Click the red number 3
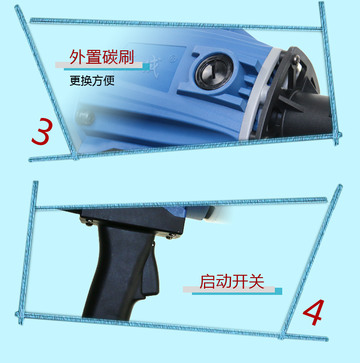(42, 131)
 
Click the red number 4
(313, 312)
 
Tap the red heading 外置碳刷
(102, 57)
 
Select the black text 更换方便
(92, 81)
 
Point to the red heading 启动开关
(232, 281)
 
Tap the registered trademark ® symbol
(172, 59)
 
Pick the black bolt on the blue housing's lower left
(85, 117)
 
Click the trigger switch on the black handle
(151, 271)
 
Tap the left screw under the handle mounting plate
(89, 223)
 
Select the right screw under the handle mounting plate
(171, 236)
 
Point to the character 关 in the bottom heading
(256, 281)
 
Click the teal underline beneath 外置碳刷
(107, 68)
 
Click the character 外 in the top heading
(77, 57)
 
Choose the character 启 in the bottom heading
(207, 281)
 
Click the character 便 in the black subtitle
(109, 81)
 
